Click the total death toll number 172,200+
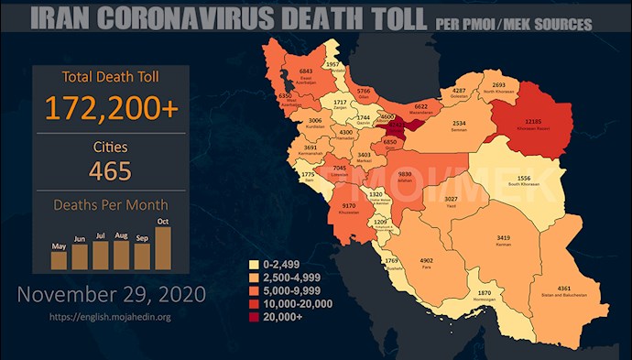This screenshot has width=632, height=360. (x=111, y=106)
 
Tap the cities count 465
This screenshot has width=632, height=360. (x=111, y=170)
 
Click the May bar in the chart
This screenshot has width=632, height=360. (x=59, y=259)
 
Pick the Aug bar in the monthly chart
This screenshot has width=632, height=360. (x=122, y=256)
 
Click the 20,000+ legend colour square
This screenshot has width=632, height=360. (x=256, y=318)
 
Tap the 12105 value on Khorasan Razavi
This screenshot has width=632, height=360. (x=523, y=123)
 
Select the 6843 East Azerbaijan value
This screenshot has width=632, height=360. (x=307, y=71)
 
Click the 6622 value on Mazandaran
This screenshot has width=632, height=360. (x=422, y=106)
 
